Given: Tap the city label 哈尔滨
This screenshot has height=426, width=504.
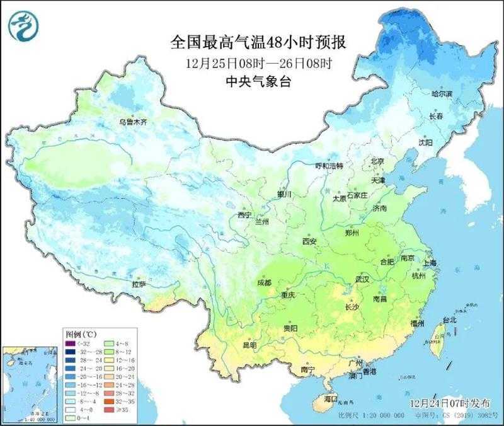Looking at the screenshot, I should coord(442,94).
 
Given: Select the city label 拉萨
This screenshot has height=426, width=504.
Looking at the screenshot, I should coord(139,284).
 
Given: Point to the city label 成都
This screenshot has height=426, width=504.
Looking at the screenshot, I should coord(265,283).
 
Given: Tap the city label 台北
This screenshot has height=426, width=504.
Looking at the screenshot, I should coord(449,319).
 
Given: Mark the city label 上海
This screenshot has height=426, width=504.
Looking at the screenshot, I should coord(432,263).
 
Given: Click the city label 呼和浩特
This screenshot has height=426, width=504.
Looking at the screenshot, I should coord(329,166).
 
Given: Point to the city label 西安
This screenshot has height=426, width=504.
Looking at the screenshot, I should coord(309,241).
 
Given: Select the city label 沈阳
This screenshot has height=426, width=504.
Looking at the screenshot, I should coord(426,143).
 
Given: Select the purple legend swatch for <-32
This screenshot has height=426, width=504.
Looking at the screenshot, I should coord(70,343).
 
